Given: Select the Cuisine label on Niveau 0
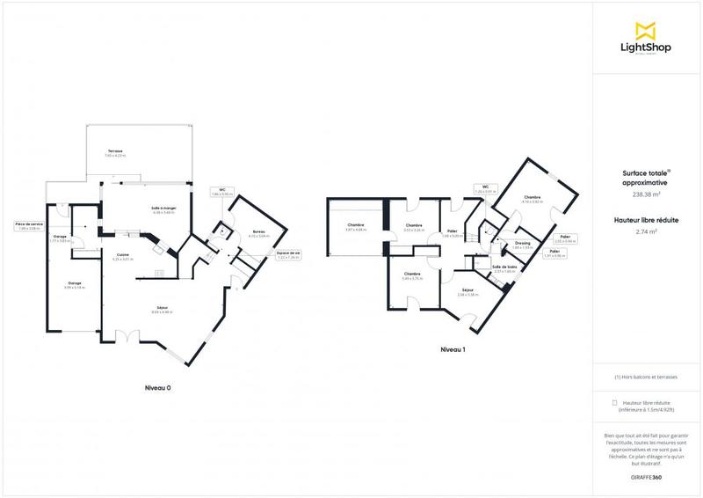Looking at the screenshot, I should tap(122, 257).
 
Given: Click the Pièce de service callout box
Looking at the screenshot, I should tap(29, 226).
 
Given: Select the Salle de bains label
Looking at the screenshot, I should tap(504, 267).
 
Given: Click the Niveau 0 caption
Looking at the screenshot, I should tap(158, 387).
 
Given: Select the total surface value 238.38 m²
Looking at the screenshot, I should tap(646, 194).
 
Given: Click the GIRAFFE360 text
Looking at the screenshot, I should tap(646, 477).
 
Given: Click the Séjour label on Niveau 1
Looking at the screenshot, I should tap(467, 291).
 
